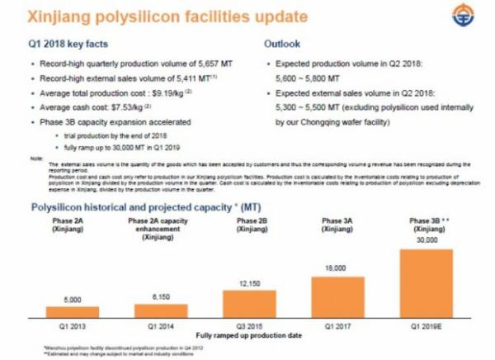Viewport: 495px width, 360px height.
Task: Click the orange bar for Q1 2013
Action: pos(72,312)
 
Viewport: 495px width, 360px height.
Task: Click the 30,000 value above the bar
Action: pos(426,240)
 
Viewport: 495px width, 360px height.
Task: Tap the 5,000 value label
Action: pos(72,299)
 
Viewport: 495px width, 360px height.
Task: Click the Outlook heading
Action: pos(280,42)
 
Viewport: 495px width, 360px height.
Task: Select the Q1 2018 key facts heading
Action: pos(69,42)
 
